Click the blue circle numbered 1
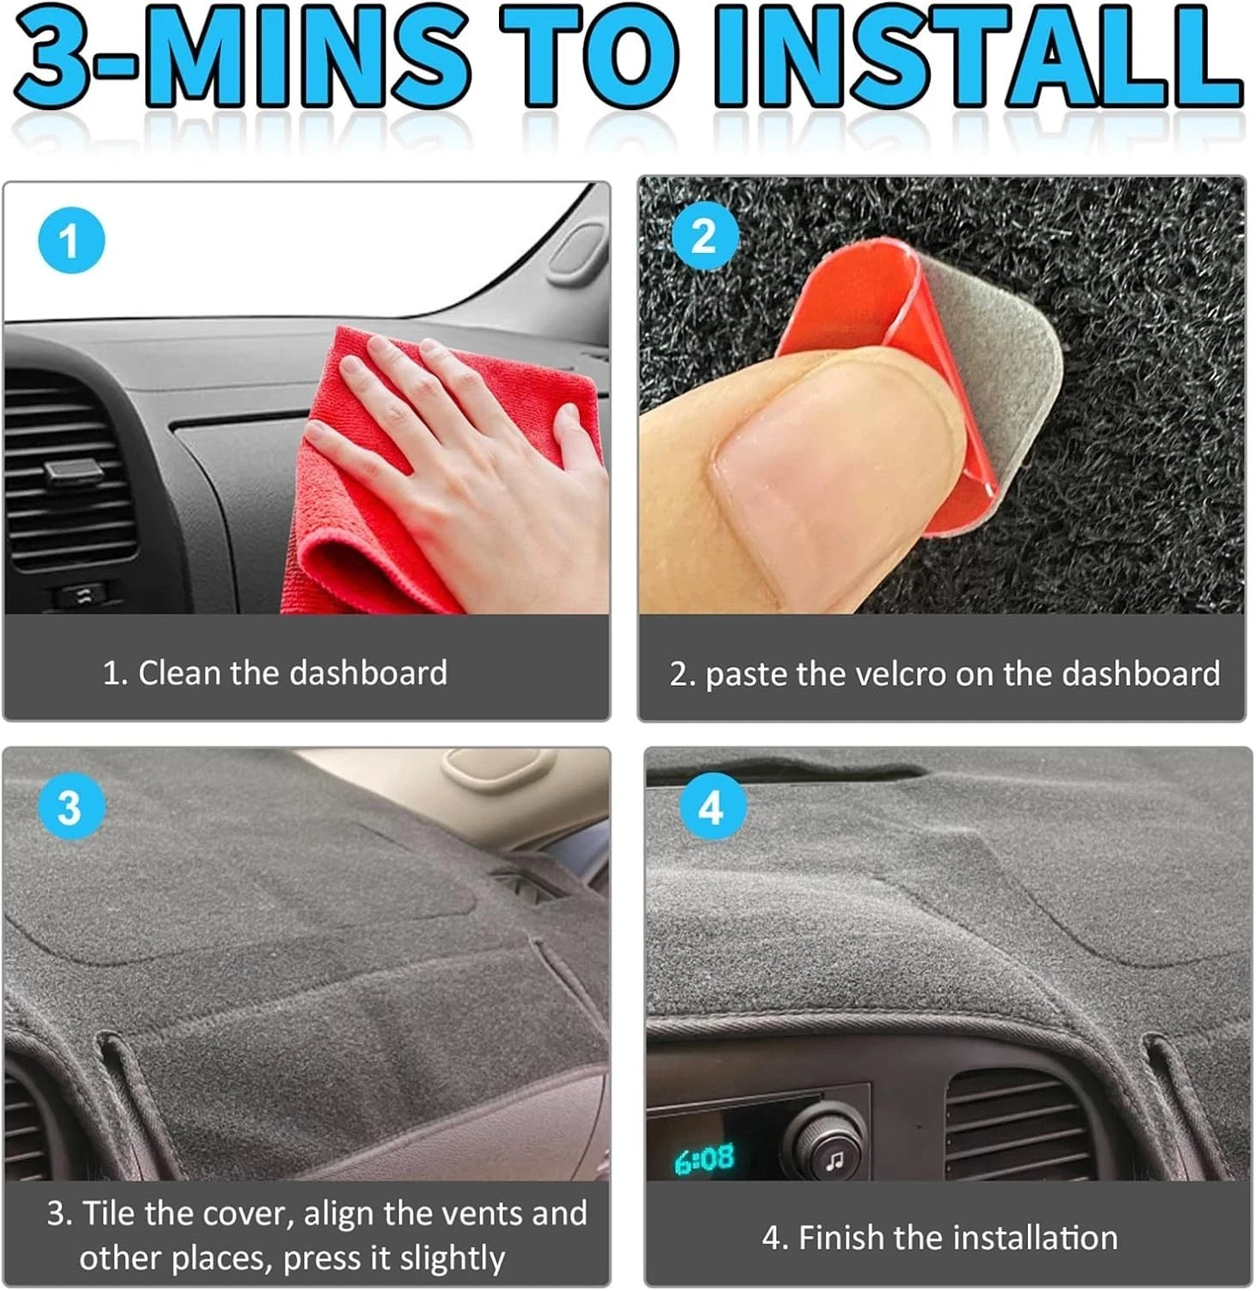point(71,240)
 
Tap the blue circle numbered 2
point(704,235)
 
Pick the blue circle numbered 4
point(711,808)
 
